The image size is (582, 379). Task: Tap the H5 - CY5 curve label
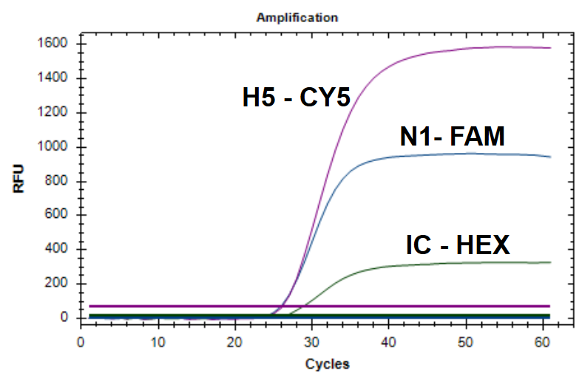click(296, 98)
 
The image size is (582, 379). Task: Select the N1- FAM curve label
click(452, 137)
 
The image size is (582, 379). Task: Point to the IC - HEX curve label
click(458, 245)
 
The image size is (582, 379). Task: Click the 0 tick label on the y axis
click(65, 318)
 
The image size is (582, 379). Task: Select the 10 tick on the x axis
click(158, 342)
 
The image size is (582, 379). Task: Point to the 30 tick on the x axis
click(312, 342)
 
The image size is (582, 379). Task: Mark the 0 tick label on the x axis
click(81, 342)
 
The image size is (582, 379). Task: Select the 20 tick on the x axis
click(235, 342)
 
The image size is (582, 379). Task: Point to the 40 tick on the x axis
click(389, 342)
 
